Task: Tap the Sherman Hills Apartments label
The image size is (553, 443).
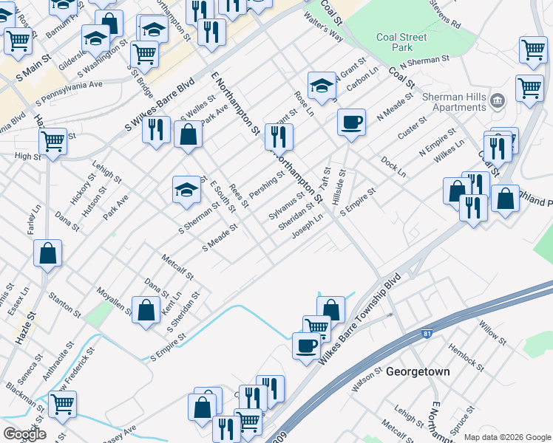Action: [x=452, y=102]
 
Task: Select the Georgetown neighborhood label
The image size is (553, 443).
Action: [x=418, y=372]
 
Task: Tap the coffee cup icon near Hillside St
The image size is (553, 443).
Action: [x=352, y=122]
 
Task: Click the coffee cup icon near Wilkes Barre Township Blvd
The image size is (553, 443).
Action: [x=306, y=346]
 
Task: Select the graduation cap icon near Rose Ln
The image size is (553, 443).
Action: [x=322, y=85]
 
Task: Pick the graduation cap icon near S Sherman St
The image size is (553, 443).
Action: [x=187, y=190]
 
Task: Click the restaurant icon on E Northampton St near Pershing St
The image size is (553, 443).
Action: [x=279, y=137]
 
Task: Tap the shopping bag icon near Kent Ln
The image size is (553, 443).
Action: [x=146, y=310]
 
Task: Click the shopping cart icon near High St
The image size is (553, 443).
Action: [x=52, y=141]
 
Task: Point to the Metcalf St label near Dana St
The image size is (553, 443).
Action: [x=177, y=266]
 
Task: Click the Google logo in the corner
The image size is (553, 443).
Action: [x=24, y=434]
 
